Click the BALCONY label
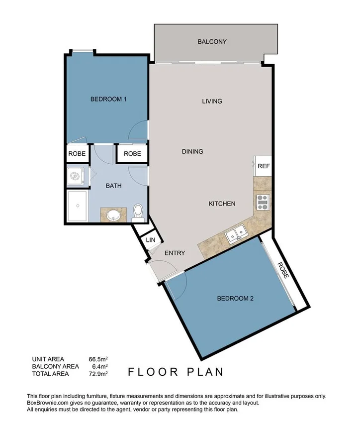[x=212, y=42]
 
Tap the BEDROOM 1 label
[x=108, y=99]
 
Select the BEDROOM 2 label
[x=235, y=299]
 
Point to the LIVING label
[x=212, y=102]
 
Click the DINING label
[x=192, y=152]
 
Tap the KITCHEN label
[x=221, y=204]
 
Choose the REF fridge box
[x=263, y=166]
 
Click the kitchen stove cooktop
[x=262, y=202]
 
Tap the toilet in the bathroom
[x=138, y=213]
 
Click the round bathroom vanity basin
[x=113, y=215]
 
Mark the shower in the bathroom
[x=77, y=206]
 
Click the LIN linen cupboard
[x=150, y=241]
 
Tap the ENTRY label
[x=175, y=253]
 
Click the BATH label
[x=113, y=186]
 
